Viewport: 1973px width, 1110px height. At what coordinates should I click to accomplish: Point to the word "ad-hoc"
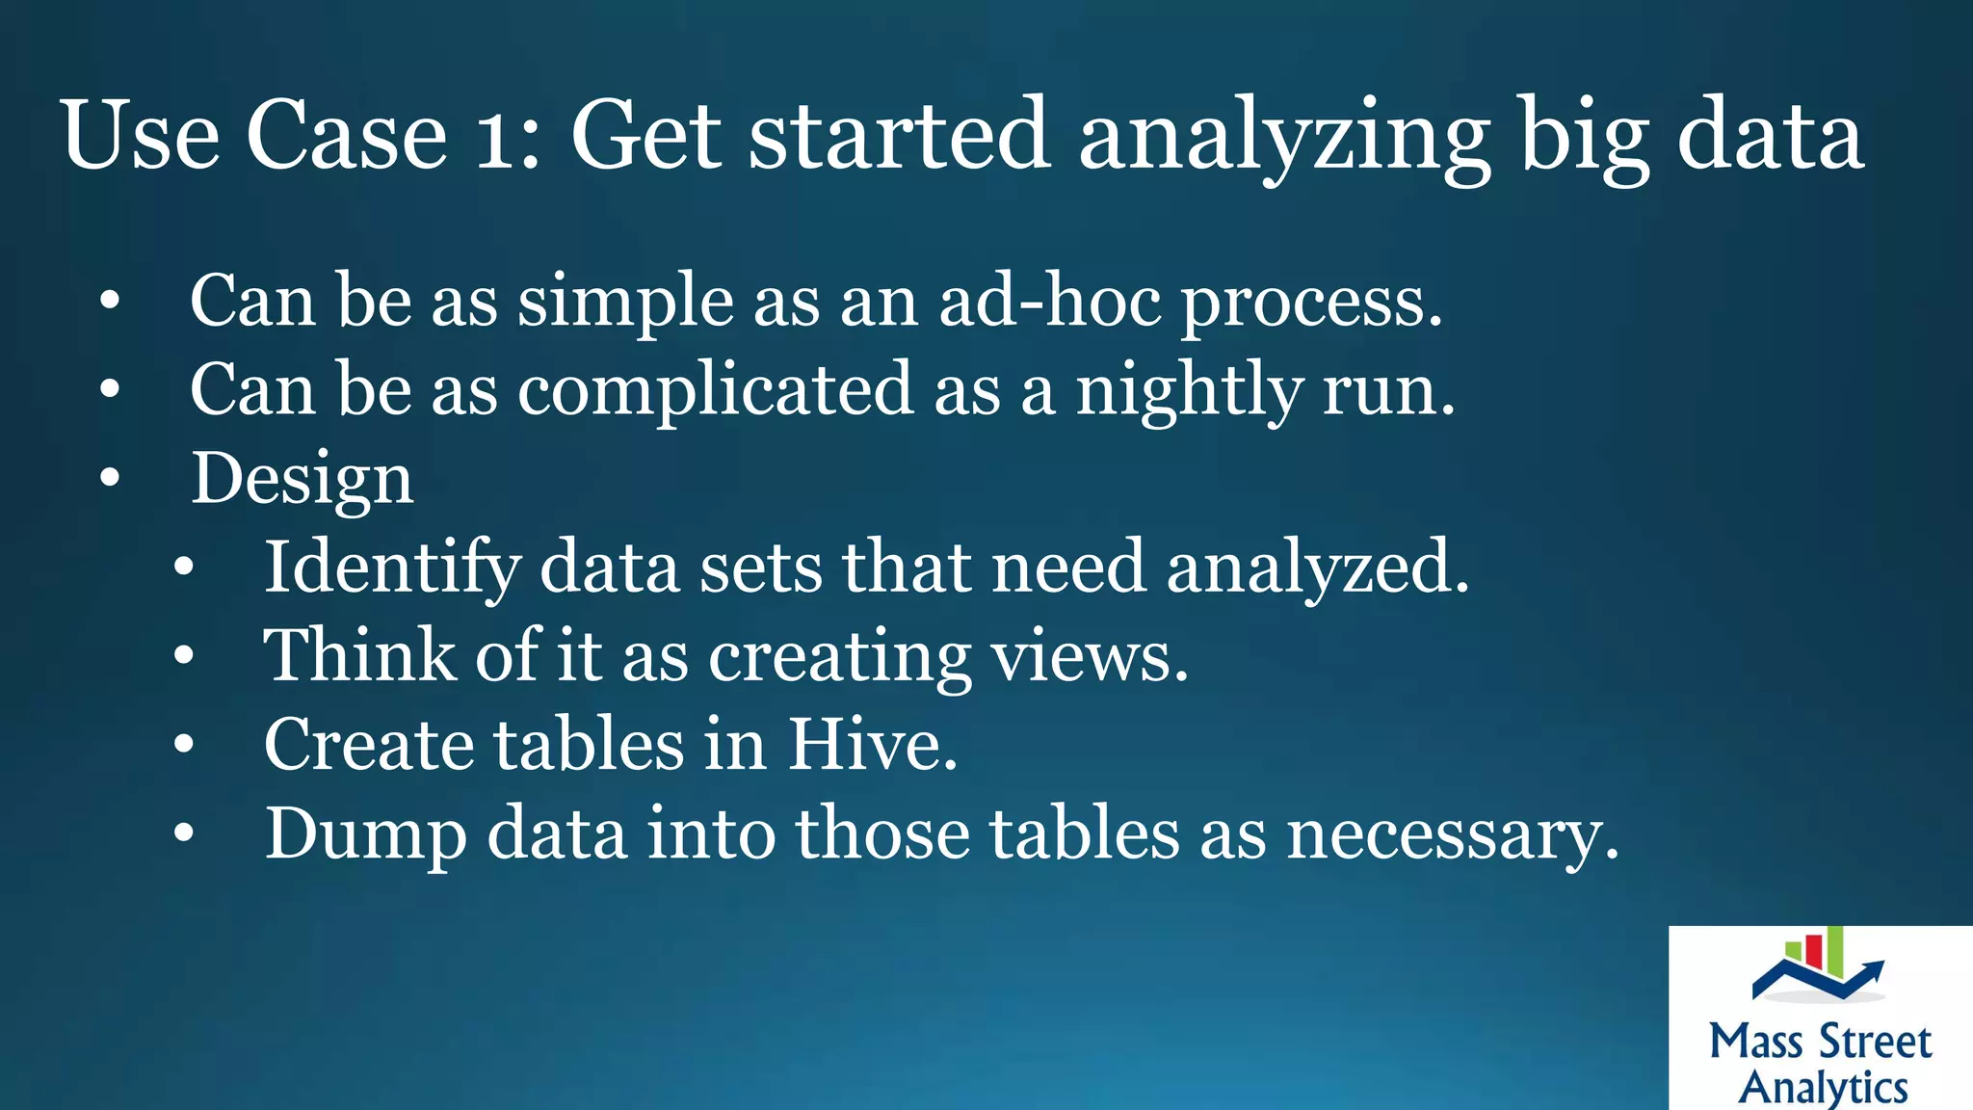click(1050, 301)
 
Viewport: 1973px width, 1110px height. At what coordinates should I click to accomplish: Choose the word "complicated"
click(715, 391)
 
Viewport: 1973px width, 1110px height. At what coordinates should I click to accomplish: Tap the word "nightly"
click(1189, 391)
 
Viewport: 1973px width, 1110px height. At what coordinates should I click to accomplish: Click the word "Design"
click(303, 479)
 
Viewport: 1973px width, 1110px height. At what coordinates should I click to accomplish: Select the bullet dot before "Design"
click(110, 477)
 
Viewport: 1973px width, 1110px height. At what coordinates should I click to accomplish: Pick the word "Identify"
click(391, 568)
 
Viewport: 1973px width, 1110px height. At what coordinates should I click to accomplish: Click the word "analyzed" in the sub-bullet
click(1316, 568)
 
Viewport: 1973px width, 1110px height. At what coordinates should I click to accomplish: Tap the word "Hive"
click(872, 745)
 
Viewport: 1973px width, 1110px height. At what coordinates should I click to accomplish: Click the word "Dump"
click(365, 834)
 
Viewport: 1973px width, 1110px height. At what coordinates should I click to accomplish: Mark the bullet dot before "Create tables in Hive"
click(184, 744)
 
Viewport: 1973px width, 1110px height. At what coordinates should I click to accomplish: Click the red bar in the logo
click(1813, 950)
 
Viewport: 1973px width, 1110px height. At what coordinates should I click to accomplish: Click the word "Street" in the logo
click(1875, 1043)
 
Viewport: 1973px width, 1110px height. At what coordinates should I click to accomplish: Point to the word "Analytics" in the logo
click(1823, 1087)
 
